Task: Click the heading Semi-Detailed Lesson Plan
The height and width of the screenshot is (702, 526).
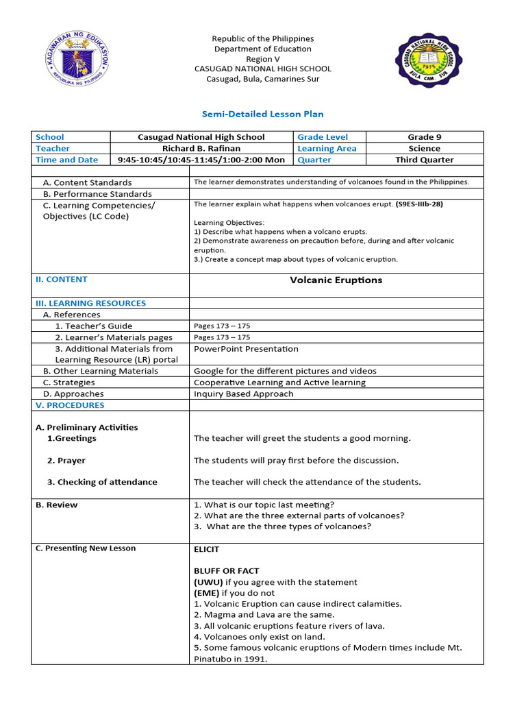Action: coord(262,114)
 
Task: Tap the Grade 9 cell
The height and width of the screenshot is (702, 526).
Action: coord(424,137)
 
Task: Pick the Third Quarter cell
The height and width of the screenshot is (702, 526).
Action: coord(424,160)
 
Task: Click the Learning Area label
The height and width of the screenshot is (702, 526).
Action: coord(327,148)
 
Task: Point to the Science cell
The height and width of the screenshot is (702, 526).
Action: coord(424,148)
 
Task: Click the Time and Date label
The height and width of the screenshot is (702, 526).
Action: coord(66,160)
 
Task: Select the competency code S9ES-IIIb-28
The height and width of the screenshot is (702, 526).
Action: coord(423,204)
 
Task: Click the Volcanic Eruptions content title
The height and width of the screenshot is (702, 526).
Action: coord(336,280)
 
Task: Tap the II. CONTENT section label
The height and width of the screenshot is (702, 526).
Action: coord(61,279)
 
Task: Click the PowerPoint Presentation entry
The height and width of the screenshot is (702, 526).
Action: coord(246,348)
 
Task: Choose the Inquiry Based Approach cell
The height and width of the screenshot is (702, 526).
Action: coord(243,394)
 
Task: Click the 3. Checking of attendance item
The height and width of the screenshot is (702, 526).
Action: coord(102,482)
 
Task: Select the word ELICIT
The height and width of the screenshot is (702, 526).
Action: coord(207,549)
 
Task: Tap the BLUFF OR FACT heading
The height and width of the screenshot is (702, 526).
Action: coord(226,570)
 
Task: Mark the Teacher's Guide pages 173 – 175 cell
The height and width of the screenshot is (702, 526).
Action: coord(222,326)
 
